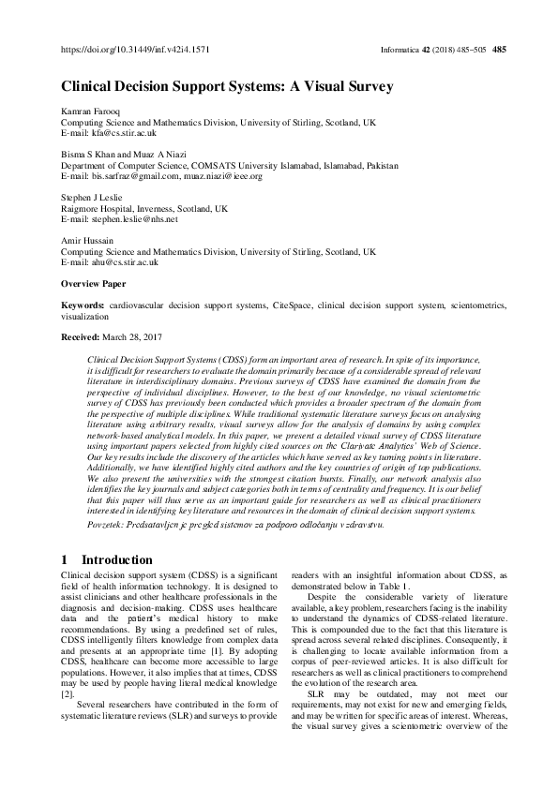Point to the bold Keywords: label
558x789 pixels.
coord(83,305)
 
